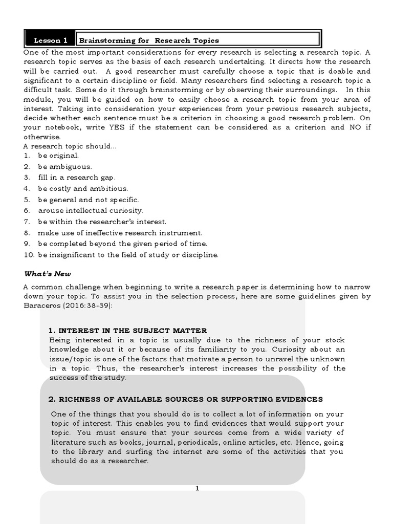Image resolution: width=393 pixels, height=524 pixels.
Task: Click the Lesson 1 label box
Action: [50, 40]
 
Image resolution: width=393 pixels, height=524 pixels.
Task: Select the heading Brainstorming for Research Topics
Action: [148, 40]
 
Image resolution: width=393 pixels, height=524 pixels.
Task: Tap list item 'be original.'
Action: [58, 156]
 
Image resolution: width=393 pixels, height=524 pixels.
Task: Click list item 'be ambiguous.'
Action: [64, 166]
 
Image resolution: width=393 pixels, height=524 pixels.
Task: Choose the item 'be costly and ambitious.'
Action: [82, 188]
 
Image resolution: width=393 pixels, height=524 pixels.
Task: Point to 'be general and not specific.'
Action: [88, 200]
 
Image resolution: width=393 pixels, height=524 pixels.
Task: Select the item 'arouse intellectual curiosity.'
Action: [90, 210]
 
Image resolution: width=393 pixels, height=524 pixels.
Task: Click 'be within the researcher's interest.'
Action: [102, 222]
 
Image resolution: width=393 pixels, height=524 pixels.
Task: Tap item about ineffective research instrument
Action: [120, 233]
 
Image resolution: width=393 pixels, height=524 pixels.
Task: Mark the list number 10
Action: [28, 255]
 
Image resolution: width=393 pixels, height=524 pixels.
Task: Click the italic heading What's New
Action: [45, 274]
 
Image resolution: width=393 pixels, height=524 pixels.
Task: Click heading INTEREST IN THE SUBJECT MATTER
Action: [127, 331]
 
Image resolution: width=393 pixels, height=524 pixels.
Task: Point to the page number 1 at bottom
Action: [197, 488]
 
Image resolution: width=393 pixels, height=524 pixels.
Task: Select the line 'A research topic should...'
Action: [70, 146]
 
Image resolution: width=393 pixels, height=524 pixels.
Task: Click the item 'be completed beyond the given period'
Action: [122, 244]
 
